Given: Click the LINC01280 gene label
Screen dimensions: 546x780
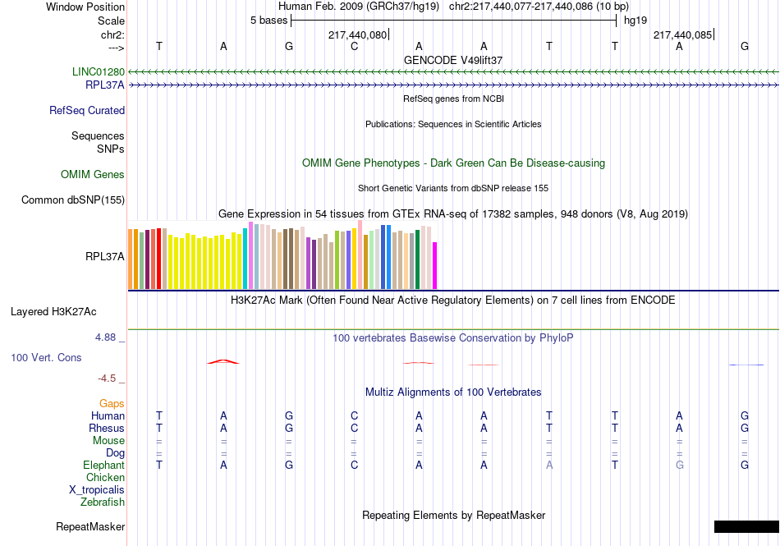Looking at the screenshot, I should [99, 71].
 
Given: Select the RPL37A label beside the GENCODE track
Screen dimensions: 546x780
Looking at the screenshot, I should [105, 84].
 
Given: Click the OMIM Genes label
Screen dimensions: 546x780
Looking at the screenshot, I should [93, 174].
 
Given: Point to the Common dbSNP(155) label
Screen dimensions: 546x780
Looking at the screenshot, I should [73, 200].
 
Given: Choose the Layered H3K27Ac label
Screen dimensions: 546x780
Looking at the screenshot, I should [53, 311].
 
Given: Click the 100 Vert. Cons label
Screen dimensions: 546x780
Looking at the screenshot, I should [46, 358].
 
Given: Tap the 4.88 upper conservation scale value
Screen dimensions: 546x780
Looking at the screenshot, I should [108, 337].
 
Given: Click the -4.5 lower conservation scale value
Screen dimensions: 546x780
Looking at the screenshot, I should [108, 379].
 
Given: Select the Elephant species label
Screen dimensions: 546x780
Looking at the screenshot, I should [103, 465].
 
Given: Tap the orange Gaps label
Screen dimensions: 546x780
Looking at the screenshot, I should [112, 403].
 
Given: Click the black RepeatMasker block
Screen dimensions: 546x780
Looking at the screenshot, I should [746, 526].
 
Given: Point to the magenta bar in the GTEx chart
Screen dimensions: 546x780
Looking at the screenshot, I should [435, 265].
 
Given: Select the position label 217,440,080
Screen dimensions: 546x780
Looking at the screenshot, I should [357, 35].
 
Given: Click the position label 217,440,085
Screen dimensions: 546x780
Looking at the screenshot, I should [681, 35].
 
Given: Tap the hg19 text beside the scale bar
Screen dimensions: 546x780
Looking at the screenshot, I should [635, 20].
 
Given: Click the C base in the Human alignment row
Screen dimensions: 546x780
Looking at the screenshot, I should [354, 415].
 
